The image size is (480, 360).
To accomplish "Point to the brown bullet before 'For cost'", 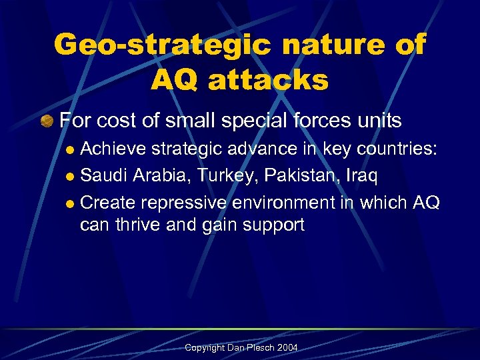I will (46, 121).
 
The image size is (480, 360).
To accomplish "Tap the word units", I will (381, 121).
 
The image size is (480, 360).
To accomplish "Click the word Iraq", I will (362, 175).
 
